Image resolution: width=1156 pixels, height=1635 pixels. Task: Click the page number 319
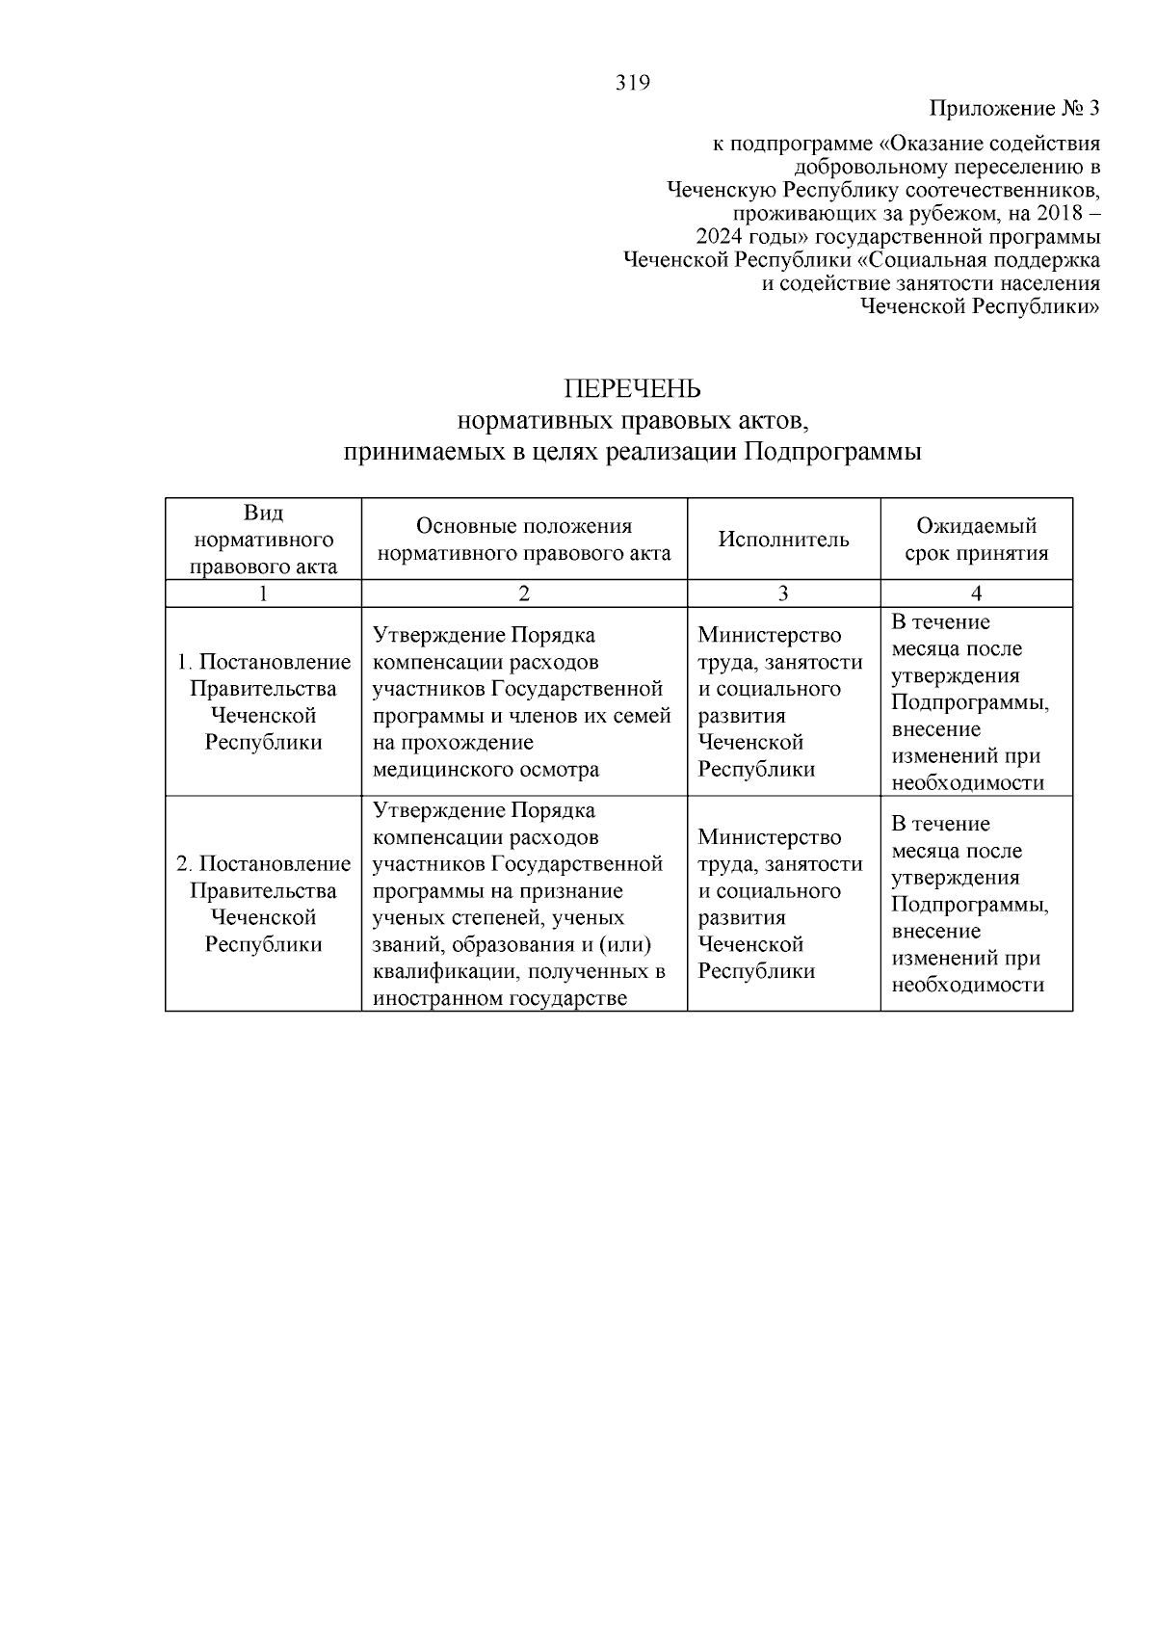(x=633, y=83)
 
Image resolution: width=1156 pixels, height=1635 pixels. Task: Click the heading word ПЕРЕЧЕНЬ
(x=632, y=389)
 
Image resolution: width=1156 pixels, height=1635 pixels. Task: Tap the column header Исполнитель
(x=783, y=540)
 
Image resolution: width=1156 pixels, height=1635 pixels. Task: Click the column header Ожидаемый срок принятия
(x=976, y=540)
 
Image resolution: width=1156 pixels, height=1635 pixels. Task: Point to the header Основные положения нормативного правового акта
(x=524, y=540)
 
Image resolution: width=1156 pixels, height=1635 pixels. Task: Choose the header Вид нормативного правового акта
(x=263, y=540)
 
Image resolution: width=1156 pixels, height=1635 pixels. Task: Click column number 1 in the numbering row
(x=263, y=593)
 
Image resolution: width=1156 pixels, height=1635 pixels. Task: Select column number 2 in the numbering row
(x=524, y=593)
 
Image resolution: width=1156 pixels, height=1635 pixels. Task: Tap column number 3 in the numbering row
(x=783, y=593)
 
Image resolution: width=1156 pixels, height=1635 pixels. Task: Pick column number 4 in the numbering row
(x=976, y=593)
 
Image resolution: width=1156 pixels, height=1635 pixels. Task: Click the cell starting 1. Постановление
(x=263, y=702)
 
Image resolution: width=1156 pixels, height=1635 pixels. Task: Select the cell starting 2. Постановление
(x=263, y=904)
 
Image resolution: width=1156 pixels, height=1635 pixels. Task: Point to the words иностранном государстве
(x=500, y=998)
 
